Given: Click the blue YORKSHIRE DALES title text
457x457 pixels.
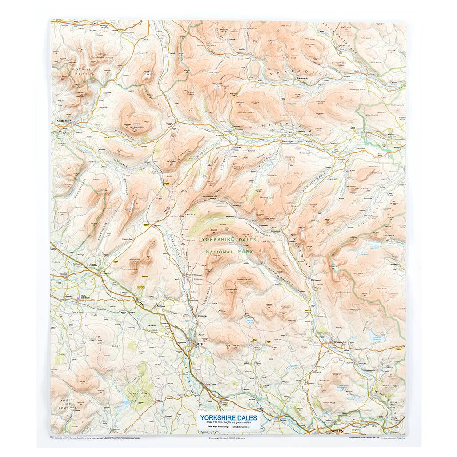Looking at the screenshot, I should (x=228, y=417).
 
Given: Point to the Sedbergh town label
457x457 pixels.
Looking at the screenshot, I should (x=61, y=121).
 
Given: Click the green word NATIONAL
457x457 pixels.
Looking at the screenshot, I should (x=219, y=252).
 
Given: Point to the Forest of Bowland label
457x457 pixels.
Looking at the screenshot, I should (x=67, y=405).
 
